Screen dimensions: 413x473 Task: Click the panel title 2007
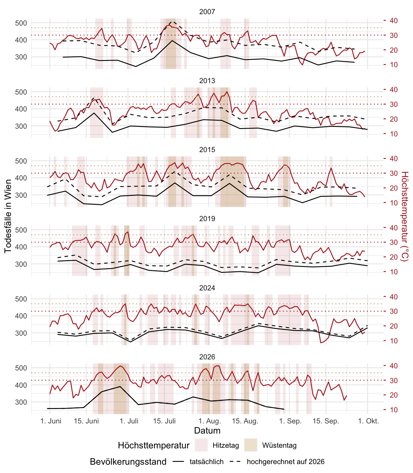(207, 12)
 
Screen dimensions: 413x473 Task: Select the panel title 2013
(207, 81)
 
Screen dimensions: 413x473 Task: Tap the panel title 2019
(207, 219)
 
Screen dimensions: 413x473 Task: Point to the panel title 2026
(207, 357)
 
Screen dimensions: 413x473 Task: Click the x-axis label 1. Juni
(51, 421)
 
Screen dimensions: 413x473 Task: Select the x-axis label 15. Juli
(164, 421)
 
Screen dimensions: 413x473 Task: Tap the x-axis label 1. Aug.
(210, 421)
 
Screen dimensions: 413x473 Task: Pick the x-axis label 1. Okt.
(368, 421)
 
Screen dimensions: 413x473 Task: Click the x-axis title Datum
(207, 431)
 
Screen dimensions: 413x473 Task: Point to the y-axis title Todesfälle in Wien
(8, 216)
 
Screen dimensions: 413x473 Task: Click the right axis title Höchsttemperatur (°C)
(405, 216)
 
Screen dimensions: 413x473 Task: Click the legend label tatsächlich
(206, 462)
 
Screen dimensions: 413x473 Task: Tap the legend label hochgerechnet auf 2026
(286, 462)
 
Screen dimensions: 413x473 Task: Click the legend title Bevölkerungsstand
(128, 462)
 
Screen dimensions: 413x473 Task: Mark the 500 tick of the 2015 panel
(21, 161)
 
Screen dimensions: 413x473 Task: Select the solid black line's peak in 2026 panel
(120, 386)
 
